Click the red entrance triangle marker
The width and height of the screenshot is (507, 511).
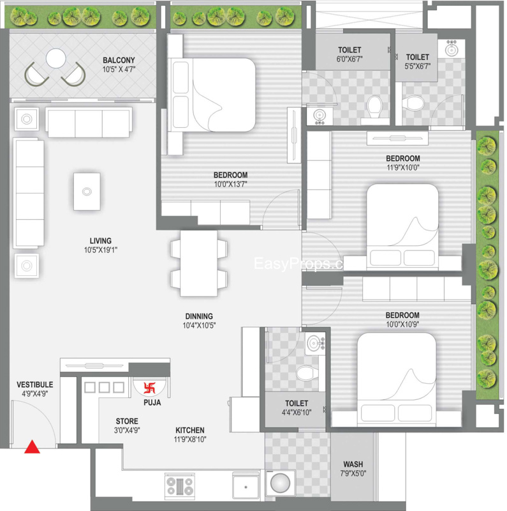33,446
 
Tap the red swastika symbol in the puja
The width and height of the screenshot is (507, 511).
149,388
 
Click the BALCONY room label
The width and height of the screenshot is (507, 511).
119,60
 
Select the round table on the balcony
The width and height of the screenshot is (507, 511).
56,58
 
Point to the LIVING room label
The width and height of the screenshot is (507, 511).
101,241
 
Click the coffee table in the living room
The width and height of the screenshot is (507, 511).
87,192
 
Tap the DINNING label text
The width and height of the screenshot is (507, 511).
199,316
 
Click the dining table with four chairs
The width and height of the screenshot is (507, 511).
199,264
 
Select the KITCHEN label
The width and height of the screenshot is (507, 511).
190,430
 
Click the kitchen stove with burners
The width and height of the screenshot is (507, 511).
180,486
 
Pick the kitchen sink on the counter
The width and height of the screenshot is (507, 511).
246,487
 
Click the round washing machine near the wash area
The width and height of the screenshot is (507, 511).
280,484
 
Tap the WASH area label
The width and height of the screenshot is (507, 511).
353,464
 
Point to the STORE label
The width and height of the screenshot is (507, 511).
127,421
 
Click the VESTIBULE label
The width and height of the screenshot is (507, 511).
35,385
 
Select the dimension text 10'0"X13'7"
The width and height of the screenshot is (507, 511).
230,184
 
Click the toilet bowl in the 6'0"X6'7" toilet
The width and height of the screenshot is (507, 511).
375,107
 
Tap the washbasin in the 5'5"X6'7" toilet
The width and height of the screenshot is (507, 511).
451,50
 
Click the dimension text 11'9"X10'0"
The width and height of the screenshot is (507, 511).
403,167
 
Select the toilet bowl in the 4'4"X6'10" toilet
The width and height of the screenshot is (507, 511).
307,373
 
